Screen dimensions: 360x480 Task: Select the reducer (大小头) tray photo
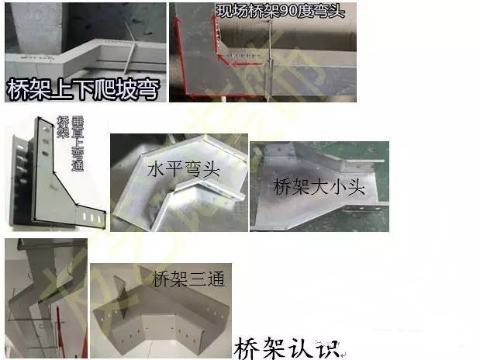[x=318, y=186]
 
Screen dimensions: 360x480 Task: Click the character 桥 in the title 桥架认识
[x=247, y=344]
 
